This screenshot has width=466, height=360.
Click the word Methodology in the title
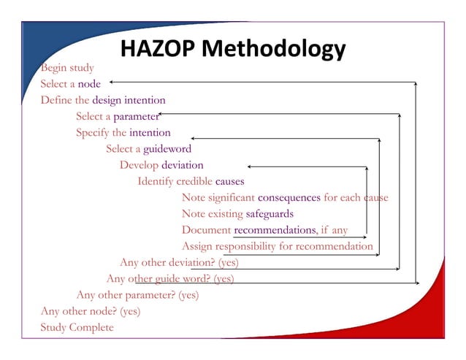273,50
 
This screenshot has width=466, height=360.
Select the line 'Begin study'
67,68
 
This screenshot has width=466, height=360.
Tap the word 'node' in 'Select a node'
89,84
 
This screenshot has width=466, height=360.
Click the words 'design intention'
129,100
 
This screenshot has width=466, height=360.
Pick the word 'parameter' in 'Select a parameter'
136,116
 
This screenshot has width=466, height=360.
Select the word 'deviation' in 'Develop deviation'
183,165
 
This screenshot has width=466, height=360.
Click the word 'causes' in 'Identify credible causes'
229,181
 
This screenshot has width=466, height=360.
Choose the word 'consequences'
289,197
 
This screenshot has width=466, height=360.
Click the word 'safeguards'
270,214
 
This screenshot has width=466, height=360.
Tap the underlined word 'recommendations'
275,230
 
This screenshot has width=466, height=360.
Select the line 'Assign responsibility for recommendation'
278,246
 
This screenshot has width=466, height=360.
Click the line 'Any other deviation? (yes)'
179,262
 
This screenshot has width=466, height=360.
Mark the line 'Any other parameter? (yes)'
137,295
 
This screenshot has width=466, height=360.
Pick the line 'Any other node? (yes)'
91,311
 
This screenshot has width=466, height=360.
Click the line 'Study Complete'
77,327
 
